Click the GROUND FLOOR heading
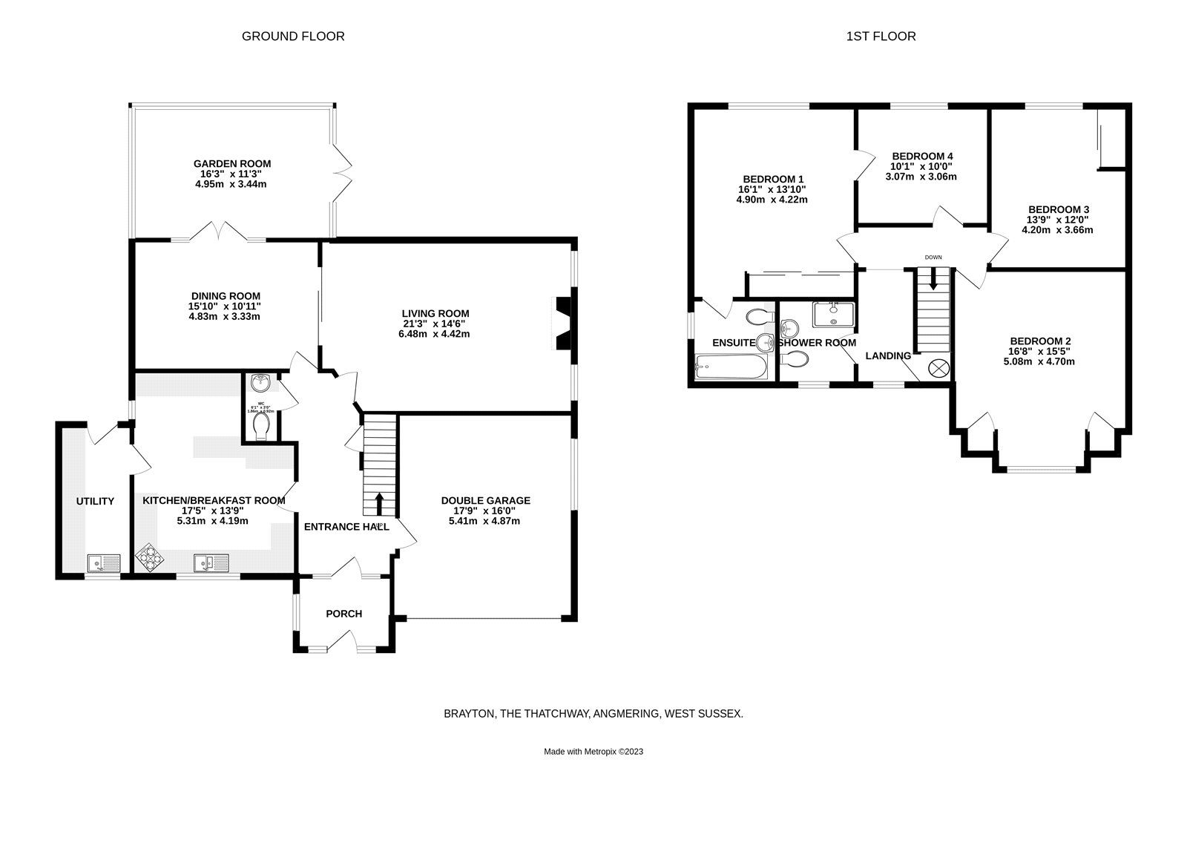293,36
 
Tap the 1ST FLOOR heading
881,36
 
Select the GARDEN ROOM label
231,164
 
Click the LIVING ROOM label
435,314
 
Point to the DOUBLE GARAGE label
485,501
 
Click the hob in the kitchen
150,558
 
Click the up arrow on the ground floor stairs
380,503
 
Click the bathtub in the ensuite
730,366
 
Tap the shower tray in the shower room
833,314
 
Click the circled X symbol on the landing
938,367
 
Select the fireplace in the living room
564,323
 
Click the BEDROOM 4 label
922,156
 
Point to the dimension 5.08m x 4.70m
1039,362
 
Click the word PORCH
344,614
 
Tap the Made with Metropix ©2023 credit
593,751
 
